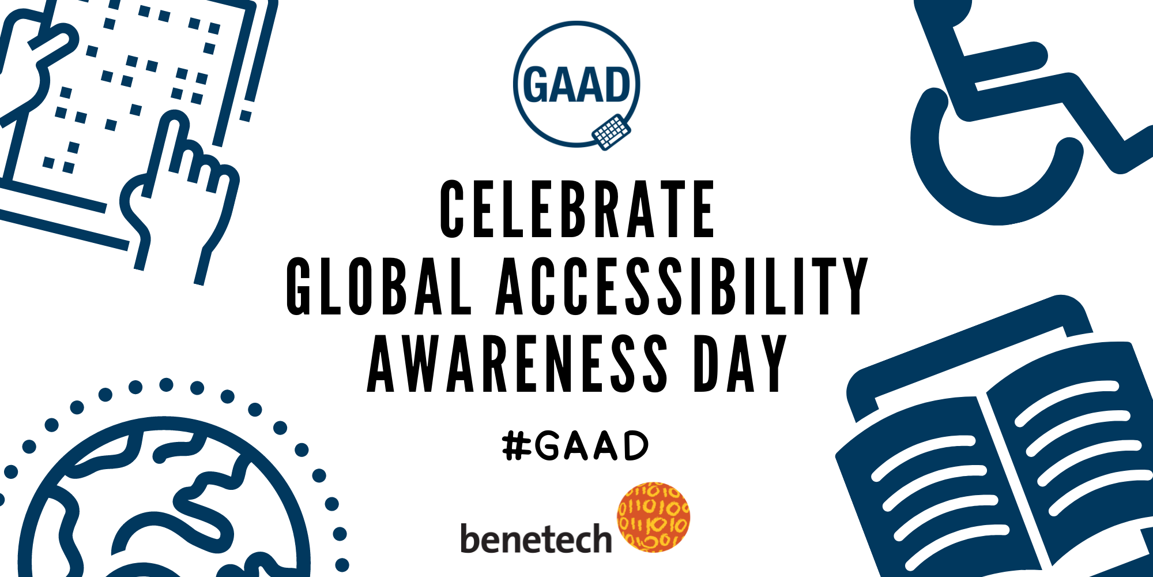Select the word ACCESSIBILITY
pos(683,286)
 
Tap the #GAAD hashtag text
pos(575,446)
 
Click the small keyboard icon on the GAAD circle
pos(611,132)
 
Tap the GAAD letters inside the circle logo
pos(576,85)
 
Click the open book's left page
pos(934,490)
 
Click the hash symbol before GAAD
pos(517,447)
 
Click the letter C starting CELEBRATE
pos(452,209)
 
